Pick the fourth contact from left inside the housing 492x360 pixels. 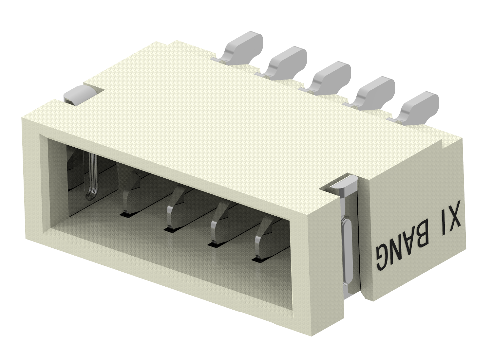click(x=219, y=226)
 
